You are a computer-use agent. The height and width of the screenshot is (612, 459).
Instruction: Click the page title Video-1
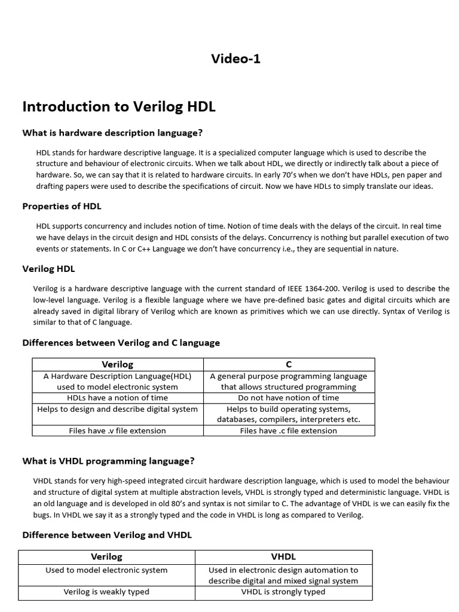pyautogui.click(x=235, y=59)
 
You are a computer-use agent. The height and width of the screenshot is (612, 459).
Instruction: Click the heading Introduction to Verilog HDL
pyautogui.click(x=118, y=106)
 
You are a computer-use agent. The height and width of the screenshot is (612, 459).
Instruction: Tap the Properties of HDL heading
pyautogui.click(x=62, y=206)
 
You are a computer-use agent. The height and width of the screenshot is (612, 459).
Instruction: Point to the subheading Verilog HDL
pyautogui.click(x=48, y=269)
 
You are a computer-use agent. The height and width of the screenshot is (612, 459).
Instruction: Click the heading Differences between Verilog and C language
pyautogui.click(x=121, y=342)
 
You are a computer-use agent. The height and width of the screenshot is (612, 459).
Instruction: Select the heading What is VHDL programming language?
pyautogui.click(x=108, y=461)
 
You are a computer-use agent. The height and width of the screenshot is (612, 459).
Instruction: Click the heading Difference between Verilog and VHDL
pyautogui.click(x=107, y=535)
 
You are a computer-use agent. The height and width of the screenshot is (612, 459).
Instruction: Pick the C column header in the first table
pyautogui.click(x=289, y=364)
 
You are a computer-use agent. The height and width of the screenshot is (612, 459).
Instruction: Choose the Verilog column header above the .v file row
pyautogui.click(x=118, y=364)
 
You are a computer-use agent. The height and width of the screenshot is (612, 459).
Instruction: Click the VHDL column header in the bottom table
pyautogui.click(x=283, y=556)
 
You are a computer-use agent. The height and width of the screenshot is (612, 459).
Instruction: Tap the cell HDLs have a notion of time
pyautogui.click(x=118, y=397)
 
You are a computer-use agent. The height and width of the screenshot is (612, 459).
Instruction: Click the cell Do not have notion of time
pyautogui.click(x=289, y=397)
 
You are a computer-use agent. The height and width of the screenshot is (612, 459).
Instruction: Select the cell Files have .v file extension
pyautogui.click(x=118, y=430)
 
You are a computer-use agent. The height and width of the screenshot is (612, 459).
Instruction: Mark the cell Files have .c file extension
pyautogui.click(x=289, y=430)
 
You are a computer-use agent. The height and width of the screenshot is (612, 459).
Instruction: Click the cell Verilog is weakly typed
pyautogui.click(x=106, y=592)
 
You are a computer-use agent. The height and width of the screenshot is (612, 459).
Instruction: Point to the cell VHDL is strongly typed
pyautogui.click(x=283, y=592)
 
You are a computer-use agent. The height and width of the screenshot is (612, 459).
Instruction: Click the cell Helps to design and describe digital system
pyautogui.click(x=118, y=409)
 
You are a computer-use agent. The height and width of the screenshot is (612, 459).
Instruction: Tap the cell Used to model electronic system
pyautogui.click(x=106, y=570)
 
